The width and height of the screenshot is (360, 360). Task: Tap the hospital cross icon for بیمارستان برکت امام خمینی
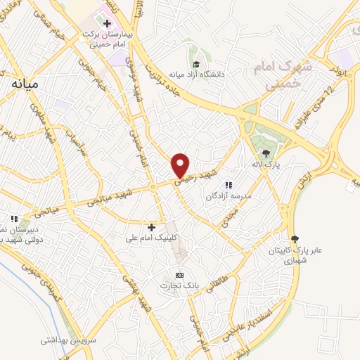(x=107, y=24)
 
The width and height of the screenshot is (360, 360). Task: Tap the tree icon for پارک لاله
(x=266, y=153)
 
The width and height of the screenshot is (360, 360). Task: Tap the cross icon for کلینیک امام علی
(x=151, y=226)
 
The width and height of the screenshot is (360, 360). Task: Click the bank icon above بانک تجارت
(x=179, y=274)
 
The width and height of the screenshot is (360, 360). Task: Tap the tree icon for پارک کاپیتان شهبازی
(x=294, y=240)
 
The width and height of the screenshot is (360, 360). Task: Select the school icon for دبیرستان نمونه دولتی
(x=13, y=218)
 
